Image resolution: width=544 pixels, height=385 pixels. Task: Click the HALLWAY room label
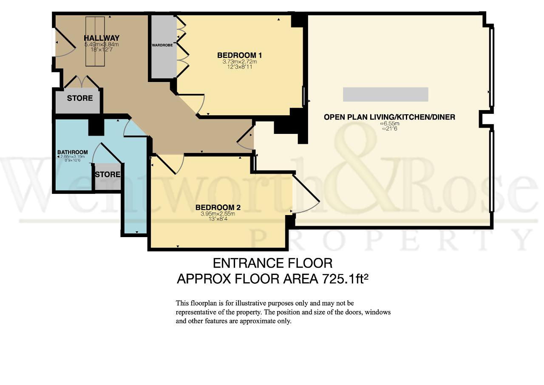[x=102, y=38]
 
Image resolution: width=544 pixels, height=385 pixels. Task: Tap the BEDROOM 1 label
[x=239, y=55]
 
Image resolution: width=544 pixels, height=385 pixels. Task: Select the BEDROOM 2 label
[x=218, y=207]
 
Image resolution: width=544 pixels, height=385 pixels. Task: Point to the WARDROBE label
[x=162, y=45]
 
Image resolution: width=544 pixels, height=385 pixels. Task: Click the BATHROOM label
[x=73, y=152]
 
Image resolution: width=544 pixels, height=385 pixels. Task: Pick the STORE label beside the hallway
[x=80, y=98]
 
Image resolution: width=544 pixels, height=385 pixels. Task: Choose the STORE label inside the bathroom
[x=108, y=175]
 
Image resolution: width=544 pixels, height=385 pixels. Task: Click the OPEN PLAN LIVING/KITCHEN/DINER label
[x=390, y=117]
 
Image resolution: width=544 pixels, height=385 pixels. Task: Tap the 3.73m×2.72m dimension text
[x=240, y=62]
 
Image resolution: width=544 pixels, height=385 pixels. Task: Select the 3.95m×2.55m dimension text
[x=218, y=214]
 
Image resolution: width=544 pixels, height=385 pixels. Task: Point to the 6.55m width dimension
[x=390, y=124]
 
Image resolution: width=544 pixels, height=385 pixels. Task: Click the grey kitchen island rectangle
[x=385, y=94]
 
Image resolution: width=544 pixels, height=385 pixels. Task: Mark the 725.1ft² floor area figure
[x=345, y=278]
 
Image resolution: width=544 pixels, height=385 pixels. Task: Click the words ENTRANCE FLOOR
[x=272, y=263]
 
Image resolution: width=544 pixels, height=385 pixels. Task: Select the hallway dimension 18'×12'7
[x=102, y=50]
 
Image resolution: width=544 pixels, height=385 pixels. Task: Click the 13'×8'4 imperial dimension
[x=218, y=219]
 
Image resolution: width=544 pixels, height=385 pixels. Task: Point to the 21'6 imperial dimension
[x=390, y=129]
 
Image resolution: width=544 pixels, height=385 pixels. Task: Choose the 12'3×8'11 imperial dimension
[x=240, y=67]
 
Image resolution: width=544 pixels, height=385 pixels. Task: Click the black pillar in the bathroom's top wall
[x=96, y=127]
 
